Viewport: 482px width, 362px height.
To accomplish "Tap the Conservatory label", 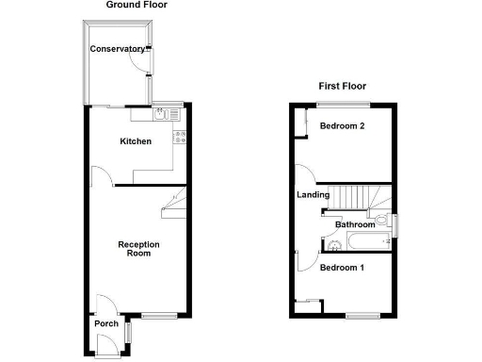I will click(118, 49).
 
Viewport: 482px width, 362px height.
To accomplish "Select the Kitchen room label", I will click(135, 142).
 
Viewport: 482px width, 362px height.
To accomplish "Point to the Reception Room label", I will click(138, 249).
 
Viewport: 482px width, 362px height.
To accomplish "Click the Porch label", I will click(105, 324).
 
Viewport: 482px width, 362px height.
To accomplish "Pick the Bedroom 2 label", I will click(342, 126).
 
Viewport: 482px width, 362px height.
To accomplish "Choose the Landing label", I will click(313, 195).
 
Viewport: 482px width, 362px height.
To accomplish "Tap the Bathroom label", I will click(355, 224).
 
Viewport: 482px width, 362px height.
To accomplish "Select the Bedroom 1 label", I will click(341, 268).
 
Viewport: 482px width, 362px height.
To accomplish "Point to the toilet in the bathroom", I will click(382, 222).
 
